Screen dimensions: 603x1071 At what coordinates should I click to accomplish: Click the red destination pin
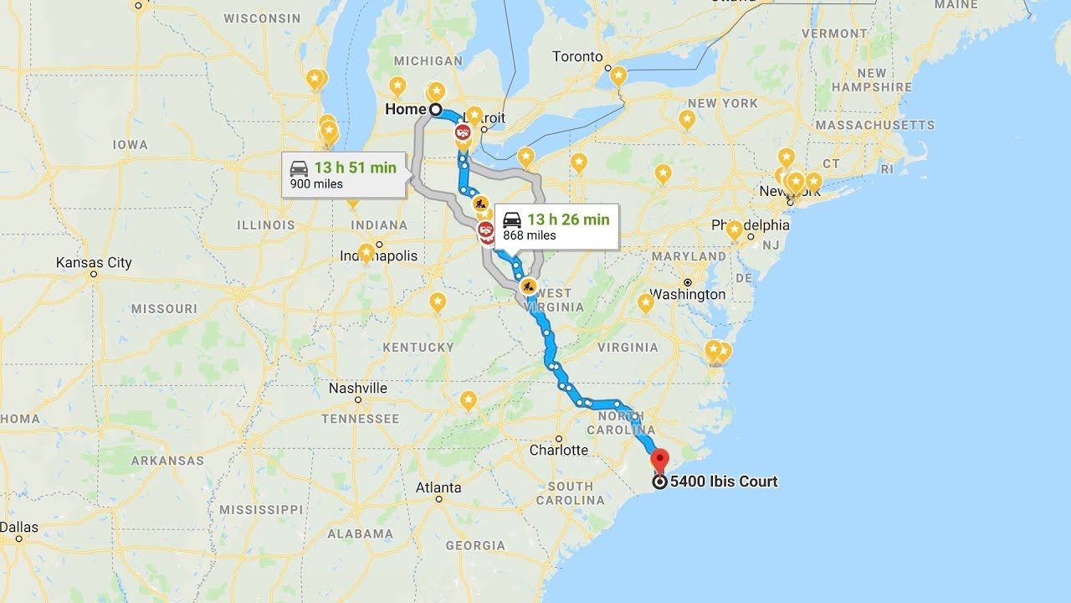660,460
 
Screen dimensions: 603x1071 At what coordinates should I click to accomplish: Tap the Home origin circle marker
435,110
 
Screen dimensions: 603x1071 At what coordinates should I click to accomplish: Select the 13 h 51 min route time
355,167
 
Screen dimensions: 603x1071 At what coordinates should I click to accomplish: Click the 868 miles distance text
529,235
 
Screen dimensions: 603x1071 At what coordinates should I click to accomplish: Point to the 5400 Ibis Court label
724,482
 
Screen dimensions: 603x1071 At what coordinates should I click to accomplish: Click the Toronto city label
577,57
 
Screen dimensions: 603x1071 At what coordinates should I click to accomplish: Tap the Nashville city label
358,389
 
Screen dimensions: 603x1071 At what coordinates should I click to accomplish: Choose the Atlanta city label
438,487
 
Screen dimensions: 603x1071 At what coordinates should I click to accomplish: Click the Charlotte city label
559,451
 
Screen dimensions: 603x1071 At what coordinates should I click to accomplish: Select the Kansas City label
94,263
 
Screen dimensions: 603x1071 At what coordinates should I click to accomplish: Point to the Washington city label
688,295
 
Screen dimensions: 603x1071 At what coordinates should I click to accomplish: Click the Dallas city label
19,528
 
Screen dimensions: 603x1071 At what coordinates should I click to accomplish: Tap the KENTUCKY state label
418,348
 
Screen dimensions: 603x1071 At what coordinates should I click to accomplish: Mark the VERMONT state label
835,33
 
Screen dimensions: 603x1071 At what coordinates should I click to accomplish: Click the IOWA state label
131,145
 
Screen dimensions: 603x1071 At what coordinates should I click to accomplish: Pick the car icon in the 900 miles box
299,167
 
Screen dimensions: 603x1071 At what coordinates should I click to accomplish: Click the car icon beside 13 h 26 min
512,219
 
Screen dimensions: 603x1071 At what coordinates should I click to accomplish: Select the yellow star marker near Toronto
618,76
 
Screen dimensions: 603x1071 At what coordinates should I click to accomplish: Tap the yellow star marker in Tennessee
469,400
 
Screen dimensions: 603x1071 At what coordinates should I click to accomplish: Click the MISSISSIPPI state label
261,509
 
